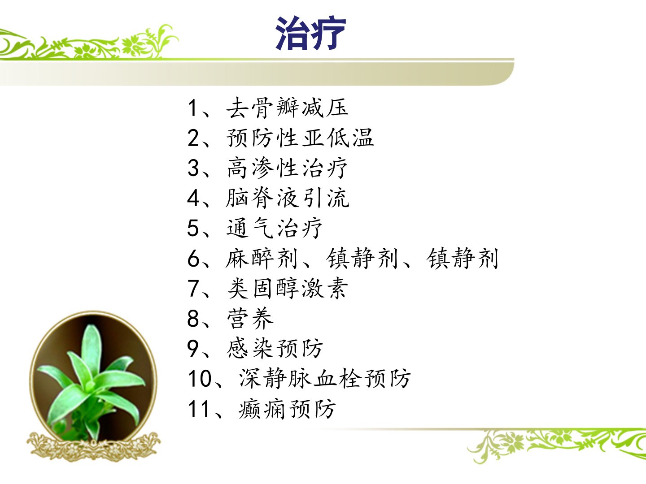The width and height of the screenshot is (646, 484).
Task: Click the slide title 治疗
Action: click(310, 33)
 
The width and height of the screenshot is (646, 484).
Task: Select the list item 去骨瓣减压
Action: click(287, 108)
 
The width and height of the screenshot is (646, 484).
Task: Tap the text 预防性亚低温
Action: click(300, 138)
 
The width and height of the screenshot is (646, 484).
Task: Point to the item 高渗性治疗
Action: click(287, 168)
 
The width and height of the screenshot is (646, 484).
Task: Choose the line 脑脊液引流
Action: click(287, 198)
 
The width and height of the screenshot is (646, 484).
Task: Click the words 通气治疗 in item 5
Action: click(274, 228)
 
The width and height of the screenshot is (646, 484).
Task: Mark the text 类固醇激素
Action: click(287, 289)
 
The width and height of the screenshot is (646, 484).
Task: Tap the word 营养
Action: click(250, 319)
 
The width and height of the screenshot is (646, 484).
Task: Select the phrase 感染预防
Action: click(274, 349)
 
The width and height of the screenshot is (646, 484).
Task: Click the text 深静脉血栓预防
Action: click(325, 379)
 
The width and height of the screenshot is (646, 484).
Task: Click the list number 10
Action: click(200, 379)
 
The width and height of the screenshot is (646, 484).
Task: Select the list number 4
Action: click(193, 198)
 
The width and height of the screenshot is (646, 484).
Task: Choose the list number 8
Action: click(193, 319)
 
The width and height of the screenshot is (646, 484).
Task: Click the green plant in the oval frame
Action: click(91, 382)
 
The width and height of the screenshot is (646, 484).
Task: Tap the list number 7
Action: click(193, 289)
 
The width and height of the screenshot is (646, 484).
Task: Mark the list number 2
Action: click(193, 138)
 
